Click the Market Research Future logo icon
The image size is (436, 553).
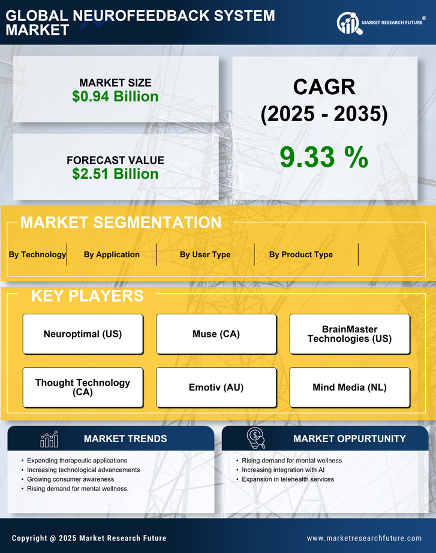pos(348,23)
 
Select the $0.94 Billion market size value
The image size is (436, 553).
pos(115,97)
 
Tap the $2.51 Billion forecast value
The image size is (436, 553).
pos(115,174)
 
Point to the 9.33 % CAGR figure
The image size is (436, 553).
pos(324,157)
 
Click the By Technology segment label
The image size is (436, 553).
pos(37,254)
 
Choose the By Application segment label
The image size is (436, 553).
pos(112,254)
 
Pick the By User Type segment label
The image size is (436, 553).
pos(205,254)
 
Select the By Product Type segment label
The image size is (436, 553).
pos(300,254)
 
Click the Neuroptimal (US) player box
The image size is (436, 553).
pos(83,334)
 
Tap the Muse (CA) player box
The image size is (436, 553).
pos(216,334)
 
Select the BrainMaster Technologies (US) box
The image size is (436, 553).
pos(350,334)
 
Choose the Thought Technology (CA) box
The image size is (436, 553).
pos(83,387)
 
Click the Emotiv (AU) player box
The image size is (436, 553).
pos(216,387)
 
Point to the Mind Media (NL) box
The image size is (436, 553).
pos(350,387)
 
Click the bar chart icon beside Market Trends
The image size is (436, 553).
pos(49,439)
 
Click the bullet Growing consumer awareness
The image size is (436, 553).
pos(70,479)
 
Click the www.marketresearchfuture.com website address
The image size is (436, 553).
pos(364,538)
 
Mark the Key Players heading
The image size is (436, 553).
pos(87,296)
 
